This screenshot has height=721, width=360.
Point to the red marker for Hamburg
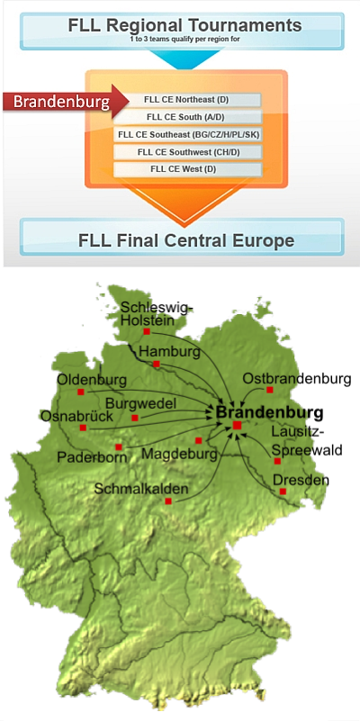(x=157, y=365)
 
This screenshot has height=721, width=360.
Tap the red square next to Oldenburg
(x=81, y=392)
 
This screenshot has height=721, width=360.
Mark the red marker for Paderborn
(x=119, y=446)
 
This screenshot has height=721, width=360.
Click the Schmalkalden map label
(x=141, y=489)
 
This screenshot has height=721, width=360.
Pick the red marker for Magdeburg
(x=199, y=440)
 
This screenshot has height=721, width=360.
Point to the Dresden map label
(x=301, y=481)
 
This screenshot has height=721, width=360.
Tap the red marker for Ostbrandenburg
(x=269, y=390)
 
